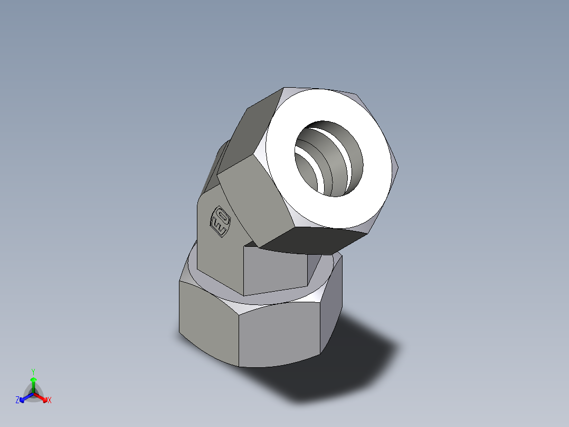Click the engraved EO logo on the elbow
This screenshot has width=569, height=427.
click(219, 221)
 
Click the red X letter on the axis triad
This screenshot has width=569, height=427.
click(50, 401)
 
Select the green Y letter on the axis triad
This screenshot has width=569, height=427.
click(33, 371)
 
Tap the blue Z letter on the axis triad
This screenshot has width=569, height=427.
click(17, 401)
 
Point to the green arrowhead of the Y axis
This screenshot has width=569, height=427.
click(33, 380)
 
